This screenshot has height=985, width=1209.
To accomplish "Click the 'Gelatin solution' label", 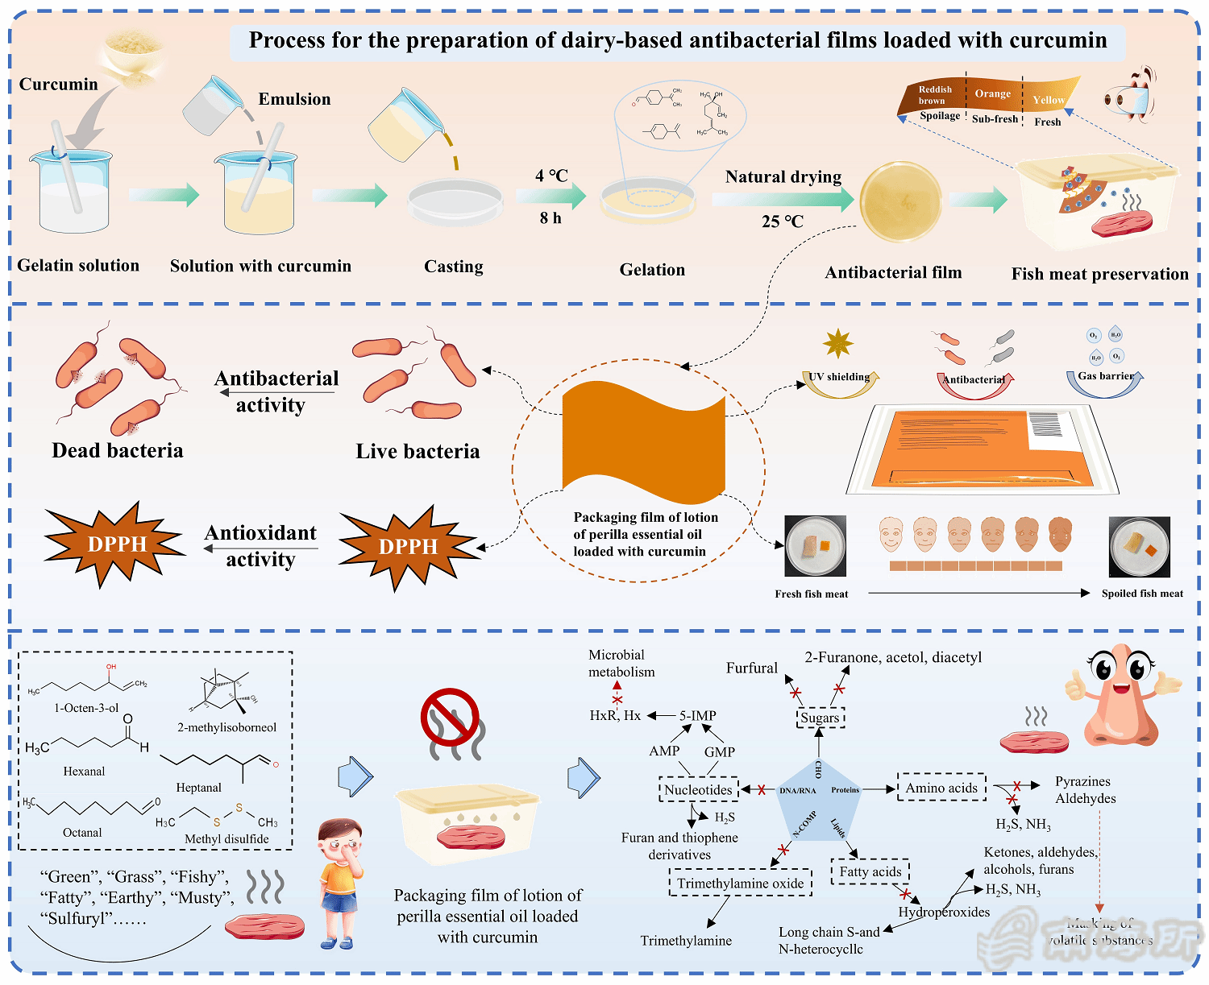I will click(x=78, y=266).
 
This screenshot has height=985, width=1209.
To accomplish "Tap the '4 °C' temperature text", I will click(x=551, y=176).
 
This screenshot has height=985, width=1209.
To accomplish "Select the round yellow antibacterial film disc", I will click(x=900, y=202).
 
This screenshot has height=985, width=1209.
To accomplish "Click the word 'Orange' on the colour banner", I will click(x=992, y=93).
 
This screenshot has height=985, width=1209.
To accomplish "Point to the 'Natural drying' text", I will click(x=783, y=177).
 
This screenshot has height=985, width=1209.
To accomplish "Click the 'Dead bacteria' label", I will click(x=118, y=451).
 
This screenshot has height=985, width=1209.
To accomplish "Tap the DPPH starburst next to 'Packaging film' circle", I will click(x=409, y=547).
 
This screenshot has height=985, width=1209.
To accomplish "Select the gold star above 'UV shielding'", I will click(x=838, y=344).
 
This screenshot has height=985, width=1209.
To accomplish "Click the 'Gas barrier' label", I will click(x=1105, y=376).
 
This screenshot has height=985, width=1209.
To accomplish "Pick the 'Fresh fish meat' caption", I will click(x=811, y=594).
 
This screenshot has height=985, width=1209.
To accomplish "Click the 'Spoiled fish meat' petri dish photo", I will click(x=1139, y=548).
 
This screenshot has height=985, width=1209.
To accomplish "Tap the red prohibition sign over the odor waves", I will click(x=450, y=716).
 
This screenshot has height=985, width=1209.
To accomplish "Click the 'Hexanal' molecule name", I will click(x=84, y=772).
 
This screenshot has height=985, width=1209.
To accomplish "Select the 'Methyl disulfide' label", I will click(x=226, y=839).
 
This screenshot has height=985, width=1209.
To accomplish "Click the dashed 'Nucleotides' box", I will click(x=698, y=790).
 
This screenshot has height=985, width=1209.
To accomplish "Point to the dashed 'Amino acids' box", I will click(x=941, y=788).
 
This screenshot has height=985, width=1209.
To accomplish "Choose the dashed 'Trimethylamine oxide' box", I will click(x=740, y=884).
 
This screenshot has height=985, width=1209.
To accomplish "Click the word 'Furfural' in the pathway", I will click(x=752, y=668).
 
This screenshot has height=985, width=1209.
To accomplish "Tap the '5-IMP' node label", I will click(x=697, y=716).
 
